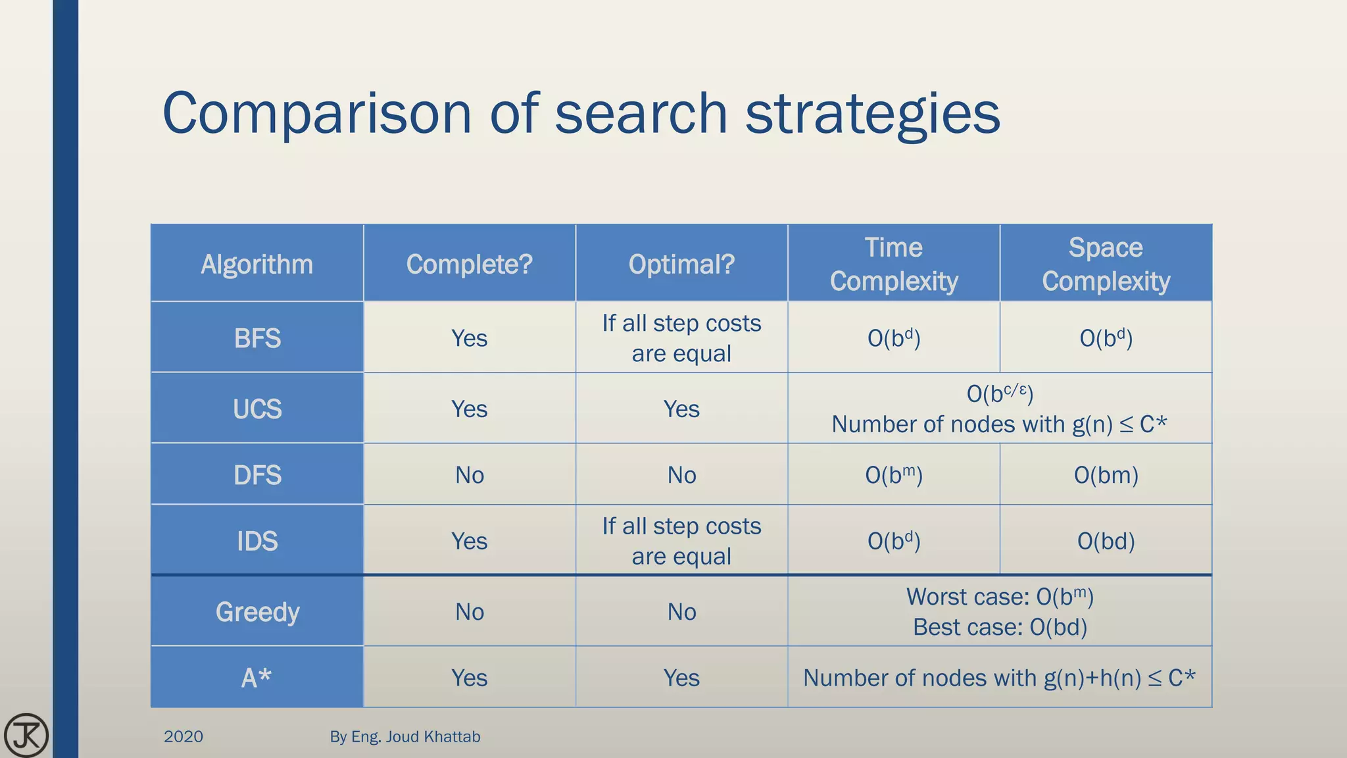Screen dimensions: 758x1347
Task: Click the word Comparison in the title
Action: click(x=316, y=114)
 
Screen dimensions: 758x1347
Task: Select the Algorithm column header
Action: click(x=257, y=265)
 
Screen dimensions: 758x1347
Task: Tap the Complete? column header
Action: click(x=469, y=265)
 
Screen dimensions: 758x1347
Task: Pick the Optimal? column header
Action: click(x=681, y=265)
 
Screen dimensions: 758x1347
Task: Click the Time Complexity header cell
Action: click(x=893, y=265)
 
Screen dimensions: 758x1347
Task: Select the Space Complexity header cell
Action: click(x=1106, y=265)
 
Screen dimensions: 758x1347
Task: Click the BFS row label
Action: click(x=257, y=338)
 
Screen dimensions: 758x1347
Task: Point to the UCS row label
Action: click(x=257, y=409)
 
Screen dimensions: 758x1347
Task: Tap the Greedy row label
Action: click(x=257, y=612)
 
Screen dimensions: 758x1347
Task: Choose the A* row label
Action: click(x=257, y=678)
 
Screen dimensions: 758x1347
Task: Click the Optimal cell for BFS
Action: click(x=681, y=338)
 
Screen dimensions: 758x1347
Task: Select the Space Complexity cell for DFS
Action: click(x=1106, y=475)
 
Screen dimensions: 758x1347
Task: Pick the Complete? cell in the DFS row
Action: click(x=469, y=475)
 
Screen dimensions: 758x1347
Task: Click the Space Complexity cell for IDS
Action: click(x=1106, y=542)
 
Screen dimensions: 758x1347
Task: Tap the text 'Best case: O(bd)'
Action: click(x=1000, y=627)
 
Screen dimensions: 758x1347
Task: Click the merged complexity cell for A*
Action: click(x=999, y=678)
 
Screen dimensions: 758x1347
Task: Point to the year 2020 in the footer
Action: click(x=183, y=736)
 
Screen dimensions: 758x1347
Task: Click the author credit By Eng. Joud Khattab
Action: click(x=405, y=736)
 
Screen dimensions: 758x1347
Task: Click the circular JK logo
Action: click(x=26, y=735)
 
